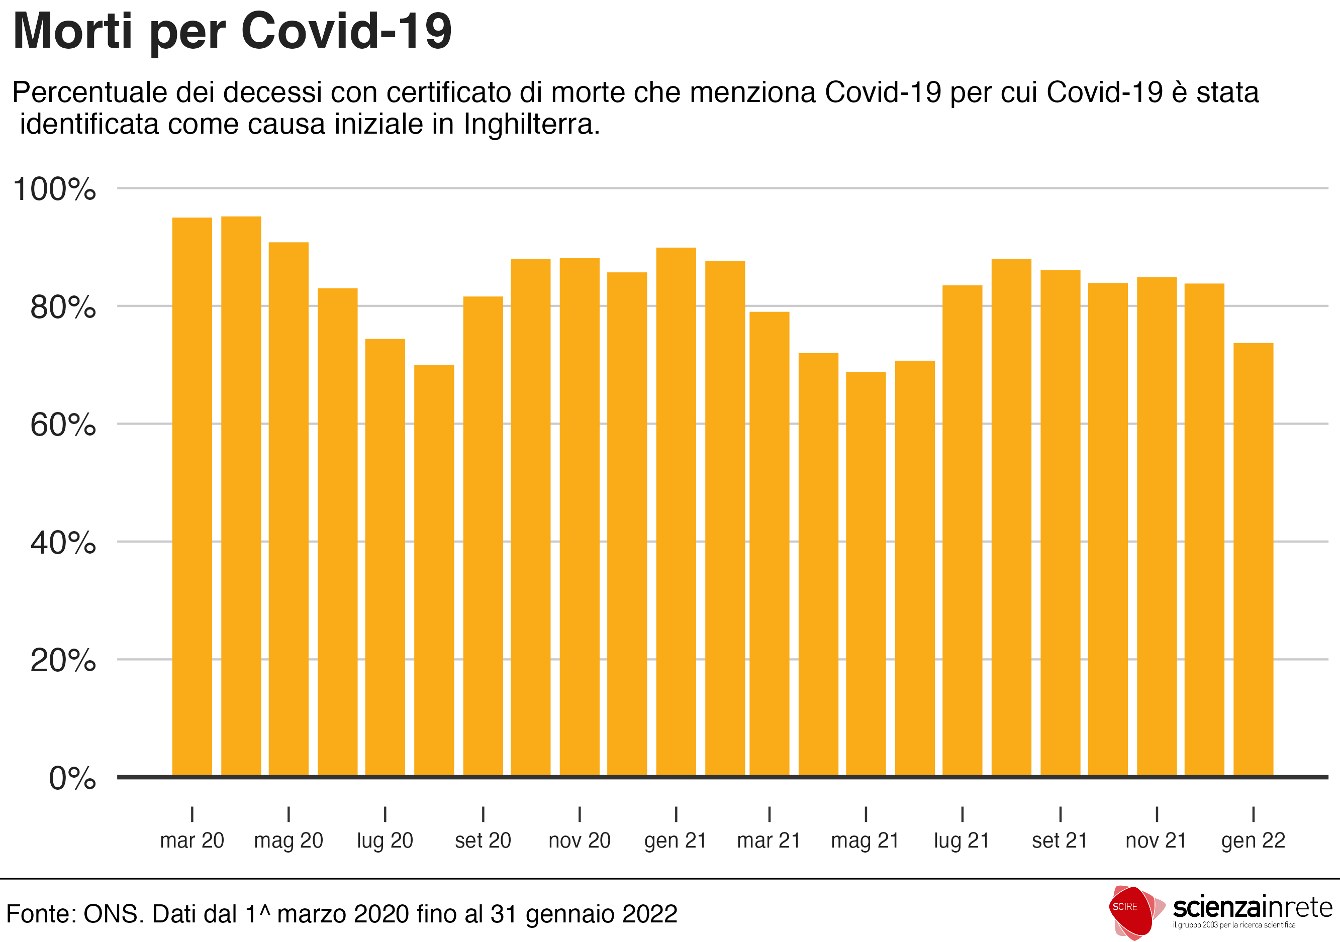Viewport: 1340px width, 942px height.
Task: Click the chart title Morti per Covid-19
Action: tap(232, 32)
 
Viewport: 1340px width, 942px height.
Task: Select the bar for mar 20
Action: tap(192, 496)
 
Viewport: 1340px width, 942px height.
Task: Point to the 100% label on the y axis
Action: tap(54, 189)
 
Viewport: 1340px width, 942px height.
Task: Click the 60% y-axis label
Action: tap(63, 425)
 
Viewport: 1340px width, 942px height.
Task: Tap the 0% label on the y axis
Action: tap(72, 778)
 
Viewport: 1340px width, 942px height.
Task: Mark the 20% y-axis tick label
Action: tap(63, 661)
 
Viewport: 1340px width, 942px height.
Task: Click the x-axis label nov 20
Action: tap(579, 841)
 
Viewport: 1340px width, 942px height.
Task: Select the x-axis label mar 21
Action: tap(769, 841)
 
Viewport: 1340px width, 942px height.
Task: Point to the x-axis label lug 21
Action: tap(962, 841)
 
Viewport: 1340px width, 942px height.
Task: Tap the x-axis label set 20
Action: tap(483, 841)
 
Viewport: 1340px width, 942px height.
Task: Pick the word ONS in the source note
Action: tap(113, 914)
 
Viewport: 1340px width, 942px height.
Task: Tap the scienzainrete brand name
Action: tap(1253, 908)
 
